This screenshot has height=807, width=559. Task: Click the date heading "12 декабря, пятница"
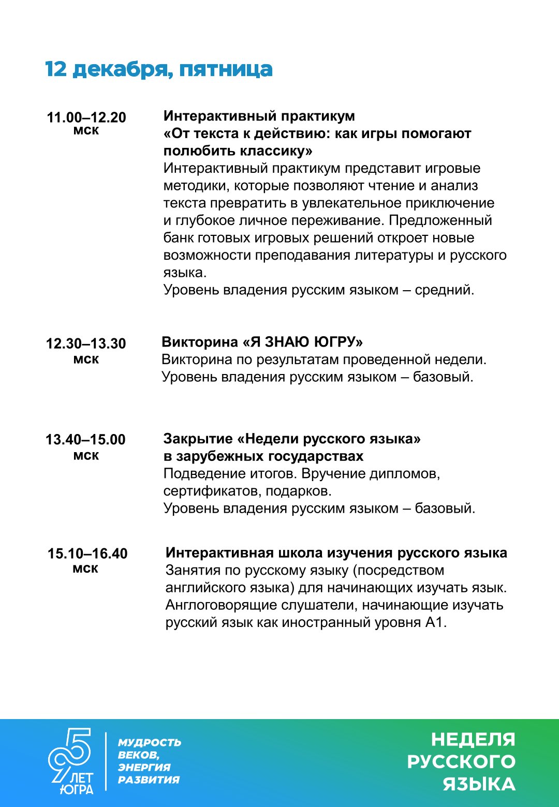click(x=158, y=69)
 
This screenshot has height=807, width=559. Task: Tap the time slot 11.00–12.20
click(x=86, y=117)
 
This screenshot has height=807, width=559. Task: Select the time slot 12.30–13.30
click(x=86, y=343)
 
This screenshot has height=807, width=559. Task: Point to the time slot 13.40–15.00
click(x=85, y=440)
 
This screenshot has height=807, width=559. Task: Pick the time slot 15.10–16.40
click(x=87, y=554)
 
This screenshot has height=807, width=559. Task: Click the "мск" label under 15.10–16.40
click(x=85, y=569)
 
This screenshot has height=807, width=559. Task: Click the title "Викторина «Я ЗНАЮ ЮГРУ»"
click(x=262, y=342)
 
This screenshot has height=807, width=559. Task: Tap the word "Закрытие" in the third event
click(x=198, y=439)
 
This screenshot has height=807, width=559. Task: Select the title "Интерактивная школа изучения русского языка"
click(x=336, y=552)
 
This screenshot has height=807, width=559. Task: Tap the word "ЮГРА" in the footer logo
click(x=76, y=789)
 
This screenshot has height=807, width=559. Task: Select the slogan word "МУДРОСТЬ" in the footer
click(x=150, y=743)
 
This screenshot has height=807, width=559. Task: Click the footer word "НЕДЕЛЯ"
click(x=473, y=740)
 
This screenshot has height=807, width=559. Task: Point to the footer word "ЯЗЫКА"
click(x=479, y=784)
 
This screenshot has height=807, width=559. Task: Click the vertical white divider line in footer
click(x=106, y=761)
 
